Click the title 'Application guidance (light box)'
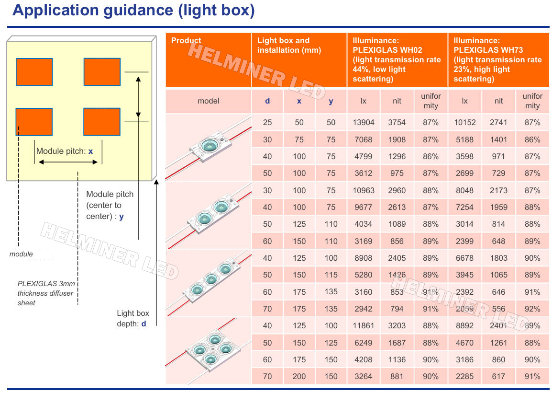[x=133, y=11]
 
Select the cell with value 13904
[x=364, y=123]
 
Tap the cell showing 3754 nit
[x=397, y=123]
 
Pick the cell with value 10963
[x=364, y=190]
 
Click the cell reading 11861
[x=364, y=325]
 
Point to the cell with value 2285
[x=464, y=376]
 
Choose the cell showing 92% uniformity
[x=532, y=309]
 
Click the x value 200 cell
[x=299, y=376]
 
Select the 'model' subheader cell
[x=208, y=101]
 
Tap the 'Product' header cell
[x=208, y=59]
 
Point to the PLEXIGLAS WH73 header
[x=498, y=59]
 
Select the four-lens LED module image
[x=208, y=351]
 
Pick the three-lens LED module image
[x=208, y=283]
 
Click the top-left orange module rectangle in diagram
[x=34, y=72]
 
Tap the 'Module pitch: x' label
[x=65, y=151]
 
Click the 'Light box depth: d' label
[x=133, y=318]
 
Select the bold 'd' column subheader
[x=267, y=101]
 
